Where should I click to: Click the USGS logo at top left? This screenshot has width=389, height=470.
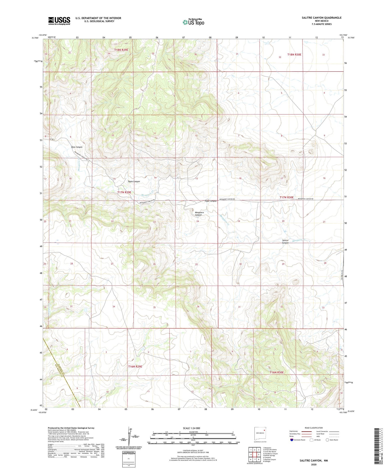pos(59,21)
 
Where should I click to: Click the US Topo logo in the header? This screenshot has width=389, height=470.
pos(193,22)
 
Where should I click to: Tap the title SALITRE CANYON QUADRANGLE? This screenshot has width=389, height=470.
pos(318,18)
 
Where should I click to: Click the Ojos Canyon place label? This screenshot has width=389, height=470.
pos(77,147)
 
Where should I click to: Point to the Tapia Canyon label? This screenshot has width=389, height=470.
pos(134,181)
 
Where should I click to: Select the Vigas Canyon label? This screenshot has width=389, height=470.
pos(210,201)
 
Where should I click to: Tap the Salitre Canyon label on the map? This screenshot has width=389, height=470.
pos(285,242)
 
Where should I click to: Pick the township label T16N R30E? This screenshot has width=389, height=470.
pos(277,372)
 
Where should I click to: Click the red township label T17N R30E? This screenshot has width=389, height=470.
pos(287,197)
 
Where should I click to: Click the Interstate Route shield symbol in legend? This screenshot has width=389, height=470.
pos(292,440)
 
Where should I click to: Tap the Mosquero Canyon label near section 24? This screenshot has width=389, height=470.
pos(198,214)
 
